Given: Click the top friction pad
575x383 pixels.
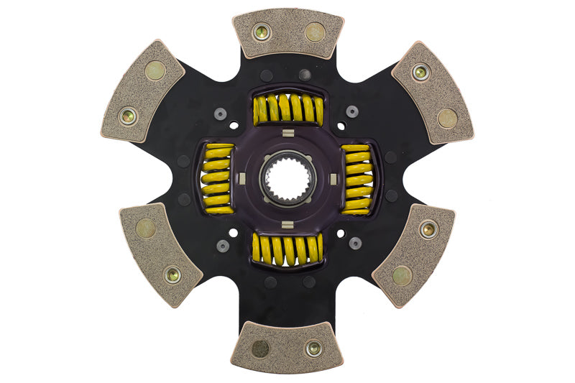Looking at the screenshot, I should point(287,33).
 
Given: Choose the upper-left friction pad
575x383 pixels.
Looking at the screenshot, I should point(142,91).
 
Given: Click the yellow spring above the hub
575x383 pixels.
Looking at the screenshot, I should point(287,109).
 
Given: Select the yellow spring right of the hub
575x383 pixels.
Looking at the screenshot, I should point(356,179).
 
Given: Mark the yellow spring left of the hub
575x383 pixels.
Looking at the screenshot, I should point(219,179).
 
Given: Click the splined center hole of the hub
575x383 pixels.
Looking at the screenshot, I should point(287,179).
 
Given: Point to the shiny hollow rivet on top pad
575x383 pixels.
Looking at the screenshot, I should point(261,32).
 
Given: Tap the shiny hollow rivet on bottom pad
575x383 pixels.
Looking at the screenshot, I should point(313,349).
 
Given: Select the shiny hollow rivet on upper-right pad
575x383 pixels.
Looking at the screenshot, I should point(420,72).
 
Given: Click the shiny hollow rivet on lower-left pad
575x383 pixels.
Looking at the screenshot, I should point(172,274).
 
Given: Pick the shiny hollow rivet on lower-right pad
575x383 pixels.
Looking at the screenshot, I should point(428,229).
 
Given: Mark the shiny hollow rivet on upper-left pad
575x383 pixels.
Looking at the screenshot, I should point(129,114).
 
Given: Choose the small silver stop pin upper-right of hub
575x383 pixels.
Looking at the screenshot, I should point(352,111).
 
